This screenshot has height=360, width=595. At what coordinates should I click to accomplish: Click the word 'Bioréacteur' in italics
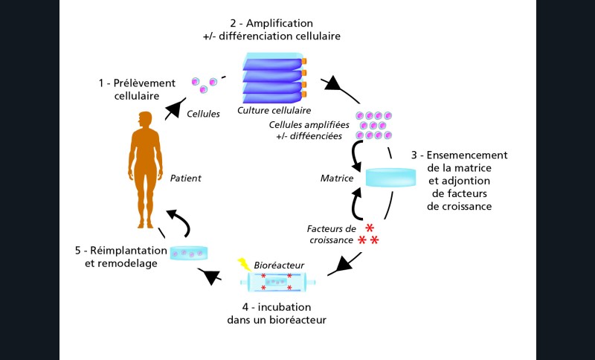pos(278,265)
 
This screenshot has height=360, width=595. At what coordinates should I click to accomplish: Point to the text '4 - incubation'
pos(277,306)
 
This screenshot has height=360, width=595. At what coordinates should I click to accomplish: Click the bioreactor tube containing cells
pos(277,283)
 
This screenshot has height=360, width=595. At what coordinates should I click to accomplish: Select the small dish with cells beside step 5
pos(189,254)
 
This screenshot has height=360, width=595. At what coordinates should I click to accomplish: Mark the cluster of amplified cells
pos(373,126)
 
